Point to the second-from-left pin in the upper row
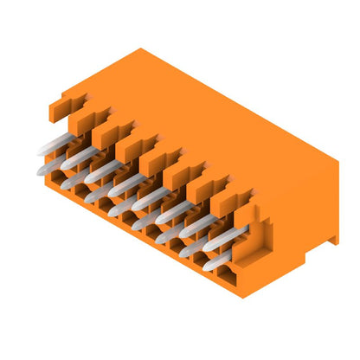point(76,157)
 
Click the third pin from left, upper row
point(100,170)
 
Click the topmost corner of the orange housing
point(138,49)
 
